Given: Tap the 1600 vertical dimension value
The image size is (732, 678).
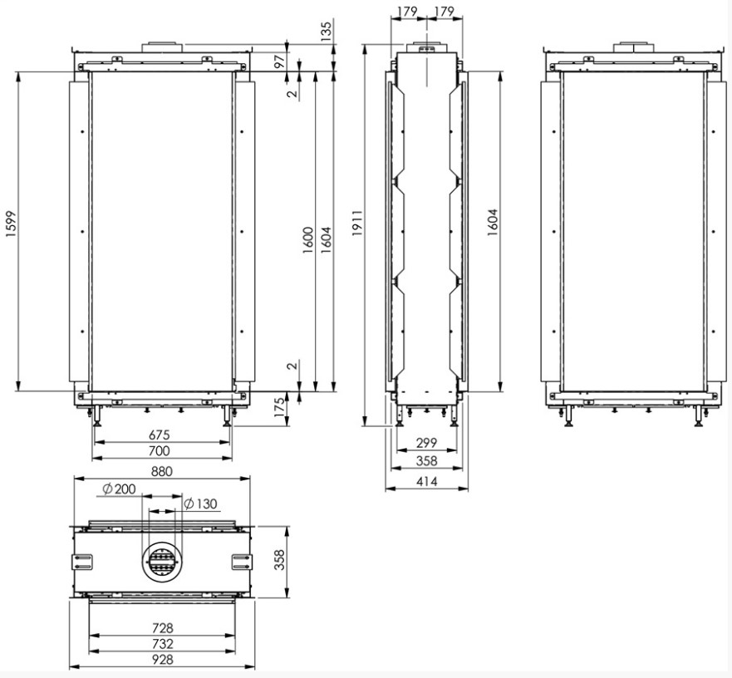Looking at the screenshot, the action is [307, 240].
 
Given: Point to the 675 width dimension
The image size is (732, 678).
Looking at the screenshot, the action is [160, 435].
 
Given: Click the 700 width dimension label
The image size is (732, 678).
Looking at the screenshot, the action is [160, 450].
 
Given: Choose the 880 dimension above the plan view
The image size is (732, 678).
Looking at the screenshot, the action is [162, 471].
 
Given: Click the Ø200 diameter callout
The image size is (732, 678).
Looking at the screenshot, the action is [119, 489].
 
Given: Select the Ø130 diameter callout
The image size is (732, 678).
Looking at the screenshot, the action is [201, 504].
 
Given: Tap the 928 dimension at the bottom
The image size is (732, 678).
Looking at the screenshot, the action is [162, 660].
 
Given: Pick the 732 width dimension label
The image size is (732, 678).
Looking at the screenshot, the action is [162, 643].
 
